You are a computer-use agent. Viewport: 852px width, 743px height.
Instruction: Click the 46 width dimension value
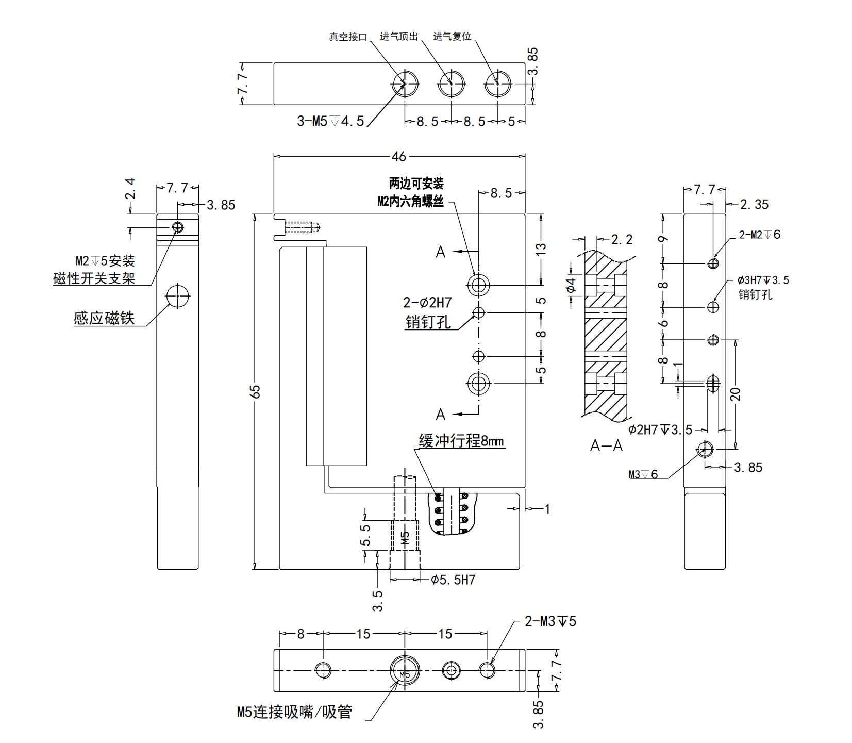click(x=398, y=156)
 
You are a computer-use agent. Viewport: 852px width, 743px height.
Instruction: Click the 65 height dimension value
click(x=255, y=391)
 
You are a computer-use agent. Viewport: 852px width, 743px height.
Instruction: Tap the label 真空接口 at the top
click(x=348, y=37)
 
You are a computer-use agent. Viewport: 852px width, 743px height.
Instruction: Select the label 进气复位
click(x=452, y=37)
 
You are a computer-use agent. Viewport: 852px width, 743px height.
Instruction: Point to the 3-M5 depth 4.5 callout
click(x=330, y=122)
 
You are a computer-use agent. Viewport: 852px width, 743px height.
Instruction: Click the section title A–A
click(x=606, y=446)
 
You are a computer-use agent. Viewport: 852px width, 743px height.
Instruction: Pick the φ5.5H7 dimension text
click(x=453, y=580)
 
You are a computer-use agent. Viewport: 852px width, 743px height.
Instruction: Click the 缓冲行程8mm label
click(x=461, y=441)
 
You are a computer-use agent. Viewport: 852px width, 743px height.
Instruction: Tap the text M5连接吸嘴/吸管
click(x=294, y=712)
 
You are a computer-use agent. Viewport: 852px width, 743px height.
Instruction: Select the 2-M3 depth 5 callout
click(x=550, y=621)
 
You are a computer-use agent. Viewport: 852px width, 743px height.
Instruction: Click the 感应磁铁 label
click(x=104, y=318)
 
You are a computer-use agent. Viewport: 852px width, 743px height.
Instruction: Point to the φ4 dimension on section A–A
click(x=571, y=286)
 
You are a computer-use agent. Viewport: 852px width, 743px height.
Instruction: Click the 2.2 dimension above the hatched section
click(x=622, y=240)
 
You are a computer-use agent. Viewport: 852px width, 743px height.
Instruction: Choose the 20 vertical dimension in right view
click(x=736, y=394)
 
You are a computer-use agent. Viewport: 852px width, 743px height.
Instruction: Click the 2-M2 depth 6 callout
click(x=759, y=235)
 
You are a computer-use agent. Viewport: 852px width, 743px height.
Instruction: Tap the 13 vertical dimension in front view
click(x=541, y=250)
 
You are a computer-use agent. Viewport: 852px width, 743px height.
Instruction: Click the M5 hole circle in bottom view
click(x=405, y=671)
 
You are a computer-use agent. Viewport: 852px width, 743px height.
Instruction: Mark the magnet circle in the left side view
click(x=178, y=296)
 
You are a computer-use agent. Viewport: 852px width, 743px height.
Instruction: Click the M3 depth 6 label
click(x=643, y=474)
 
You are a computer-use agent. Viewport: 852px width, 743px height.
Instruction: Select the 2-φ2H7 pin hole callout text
click(x=427, y=303)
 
